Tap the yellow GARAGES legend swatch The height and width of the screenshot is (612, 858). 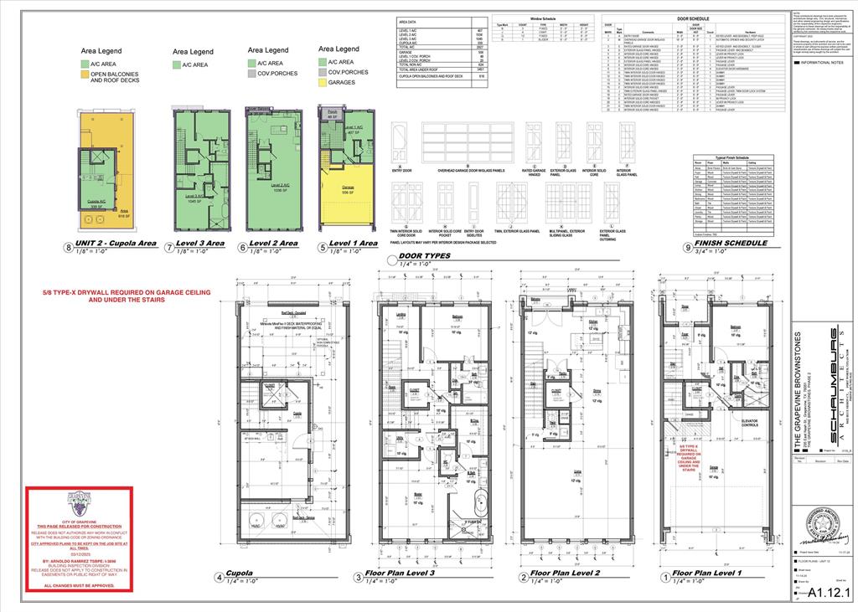click(x=323, y=83)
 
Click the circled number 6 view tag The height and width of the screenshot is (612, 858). click(x=243, y=246)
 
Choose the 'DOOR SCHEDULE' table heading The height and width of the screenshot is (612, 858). click(x=692, y=18)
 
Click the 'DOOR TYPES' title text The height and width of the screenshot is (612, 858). click(x=425, y=255)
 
